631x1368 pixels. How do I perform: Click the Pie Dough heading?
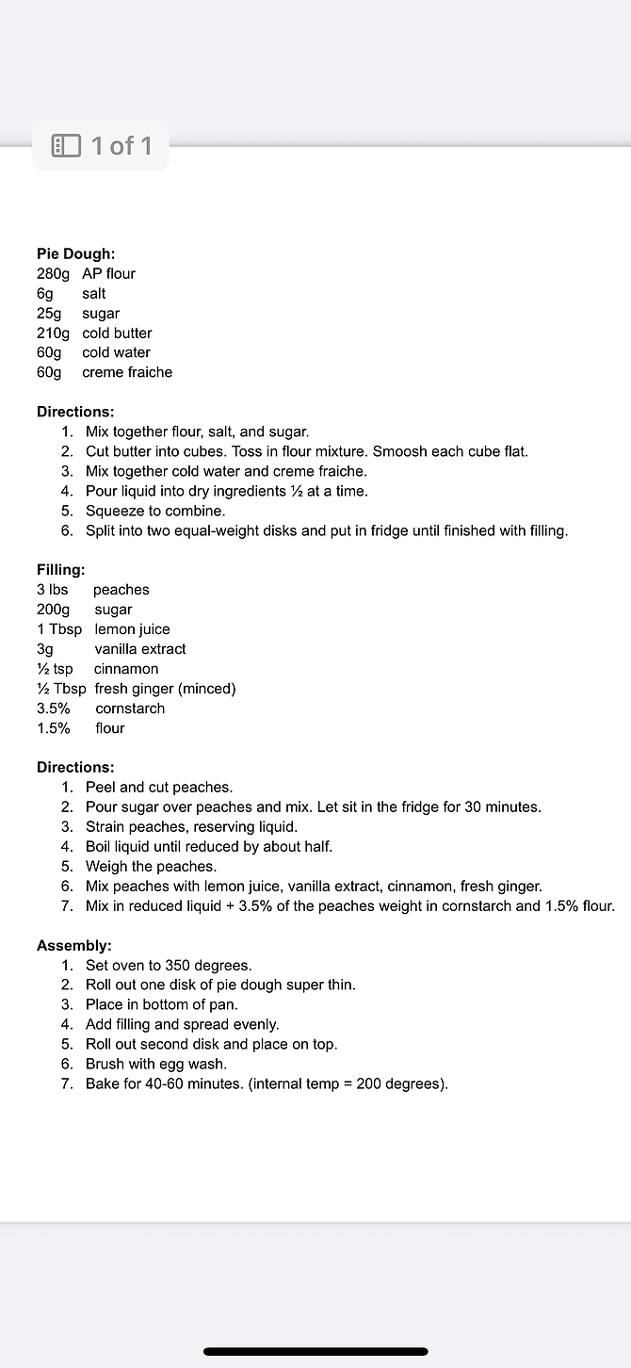(75, 253)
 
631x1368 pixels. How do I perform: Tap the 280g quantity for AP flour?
(53, 273)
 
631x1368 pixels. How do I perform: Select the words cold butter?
(117, 333)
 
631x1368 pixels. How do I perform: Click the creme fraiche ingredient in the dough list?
(127, 372)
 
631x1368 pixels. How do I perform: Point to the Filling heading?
(60, 570)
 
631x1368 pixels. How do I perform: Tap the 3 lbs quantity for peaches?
(53, 590)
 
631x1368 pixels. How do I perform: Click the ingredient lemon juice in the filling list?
(132, 629)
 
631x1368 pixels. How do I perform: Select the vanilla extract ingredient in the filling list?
(140, 649)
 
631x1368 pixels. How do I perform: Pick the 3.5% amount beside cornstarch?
(54, 708)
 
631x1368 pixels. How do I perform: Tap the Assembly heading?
(73, 946)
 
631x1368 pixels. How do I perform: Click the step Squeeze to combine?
(155, 511)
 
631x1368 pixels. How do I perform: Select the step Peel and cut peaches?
(159, 788)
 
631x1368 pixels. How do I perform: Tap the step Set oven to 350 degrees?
(169, 966)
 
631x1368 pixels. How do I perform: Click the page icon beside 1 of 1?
(66, 146)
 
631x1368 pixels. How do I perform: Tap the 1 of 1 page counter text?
(121, 146)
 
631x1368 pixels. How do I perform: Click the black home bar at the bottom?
(315, 1351)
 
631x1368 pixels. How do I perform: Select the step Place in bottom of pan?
(162, 1005)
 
